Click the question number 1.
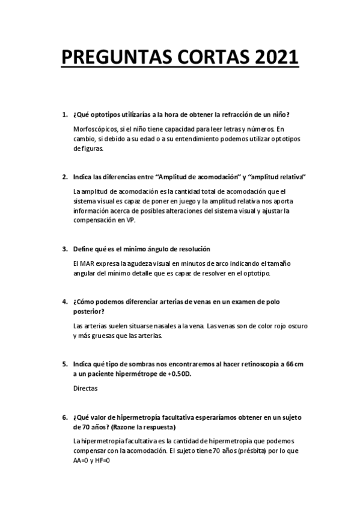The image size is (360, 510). click(64, 115)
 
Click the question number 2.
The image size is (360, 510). click(64, 177)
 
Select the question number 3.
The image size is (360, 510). click(64, 249)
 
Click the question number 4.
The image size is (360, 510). click(64, 301)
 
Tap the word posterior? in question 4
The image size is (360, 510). click(88, 311)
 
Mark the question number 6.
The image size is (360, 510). click(64, 417)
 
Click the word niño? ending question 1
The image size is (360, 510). click(280, 115)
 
